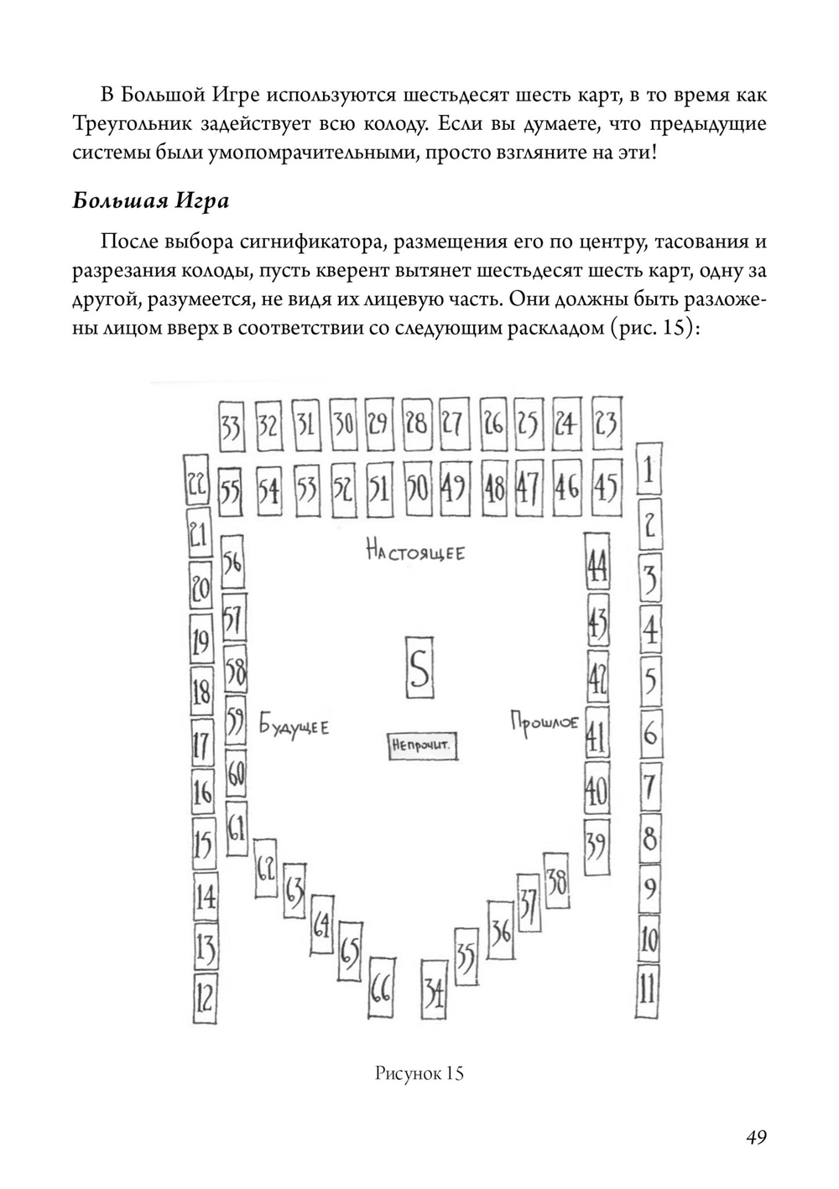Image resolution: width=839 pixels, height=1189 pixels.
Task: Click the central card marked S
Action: point(419,667)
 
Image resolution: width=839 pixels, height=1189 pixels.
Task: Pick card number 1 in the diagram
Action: point(647,472)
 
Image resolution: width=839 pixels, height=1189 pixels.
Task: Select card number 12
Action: point(204,999)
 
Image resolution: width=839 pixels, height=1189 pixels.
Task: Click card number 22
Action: point(196,485)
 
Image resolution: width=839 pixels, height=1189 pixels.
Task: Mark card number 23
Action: point(606,424)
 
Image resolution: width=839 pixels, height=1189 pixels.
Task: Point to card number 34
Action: point(434,994)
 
